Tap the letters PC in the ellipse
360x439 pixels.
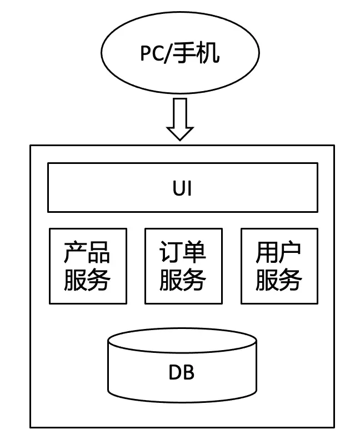[151, 55]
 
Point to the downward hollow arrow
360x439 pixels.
[180, 119]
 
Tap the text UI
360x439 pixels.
[182, 188]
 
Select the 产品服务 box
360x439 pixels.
[88, 266]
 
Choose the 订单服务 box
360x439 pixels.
[183, 266]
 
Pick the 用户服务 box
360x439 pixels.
[279, 266]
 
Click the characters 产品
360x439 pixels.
[88, 253]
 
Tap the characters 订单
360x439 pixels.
[183, 253]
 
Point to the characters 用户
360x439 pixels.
[279, 253]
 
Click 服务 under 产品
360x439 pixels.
[88, 280]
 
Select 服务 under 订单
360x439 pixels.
[183, 280]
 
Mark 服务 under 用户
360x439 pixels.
[279, 280]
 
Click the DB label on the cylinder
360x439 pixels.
[182, 372]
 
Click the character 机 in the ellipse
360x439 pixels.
[209, 55]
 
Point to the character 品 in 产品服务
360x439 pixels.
[99, 253]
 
